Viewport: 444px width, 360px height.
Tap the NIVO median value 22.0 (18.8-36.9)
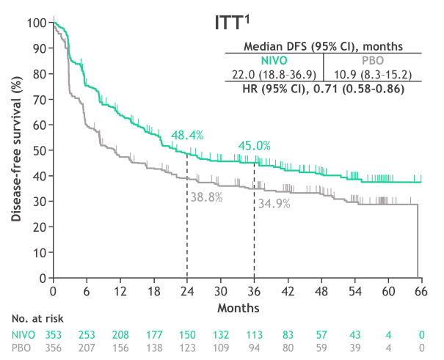click(274, 75)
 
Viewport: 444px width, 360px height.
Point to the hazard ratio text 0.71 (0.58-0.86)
click(365, 89)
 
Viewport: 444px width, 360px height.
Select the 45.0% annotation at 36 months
click(255, 145)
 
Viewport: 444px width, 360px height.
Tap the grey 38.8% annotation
click(206, 197)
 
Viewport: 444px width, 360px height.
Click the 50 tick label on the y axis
click(39, 150)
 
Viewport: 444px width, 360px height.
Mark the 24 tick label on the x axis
click(187, 291)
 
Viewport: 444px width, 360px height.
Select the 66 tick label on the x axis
click(421, 291)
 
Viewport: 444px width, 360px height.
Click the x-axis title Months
click(237, 305)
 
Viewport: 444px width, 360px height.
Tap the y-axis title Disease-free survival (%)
click(15, 150)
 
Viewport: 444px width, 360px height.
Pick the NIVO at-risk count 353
click(54, 334)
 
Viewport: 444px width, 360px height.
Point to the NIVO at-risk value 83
click(287, 334)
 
